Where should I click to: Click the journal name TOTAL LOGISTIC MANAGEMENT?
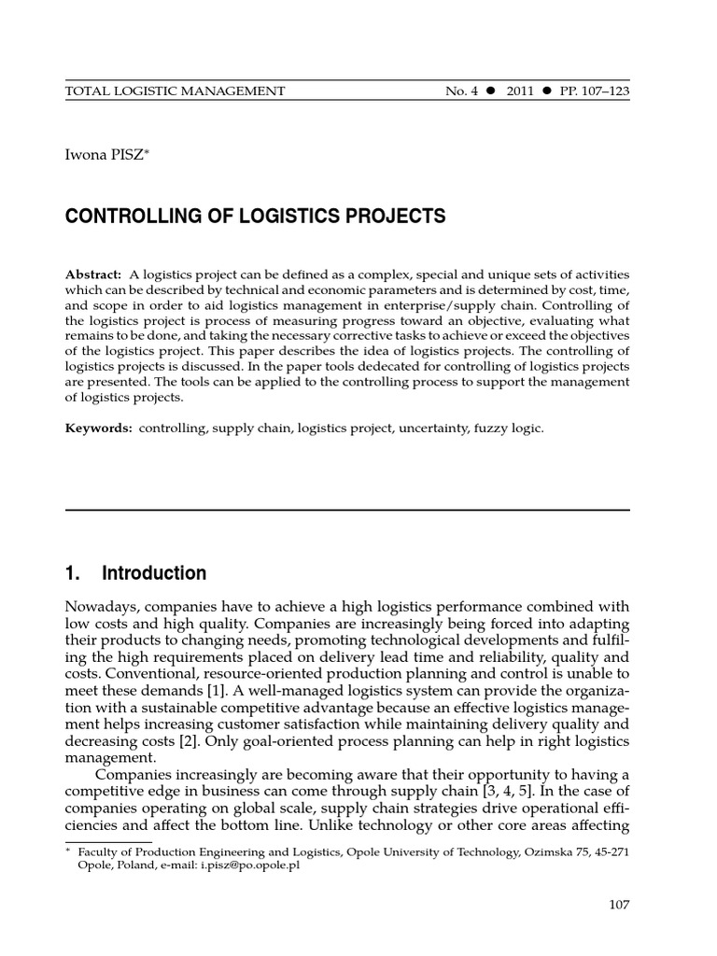tap(174, 91)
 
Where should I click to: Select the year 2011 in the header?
tap(520, 91)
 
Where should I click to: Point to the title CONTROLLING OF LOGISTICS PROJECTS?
tap(255, 218)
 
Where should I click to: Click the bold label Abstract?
tap(93, 274)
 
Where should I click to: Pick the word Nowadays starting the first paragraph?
tap(102, 607)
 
